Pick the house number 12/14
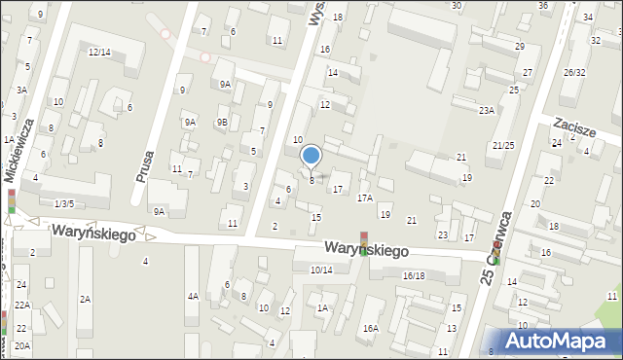pos(99,52)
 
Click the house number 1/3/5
pos(64,203)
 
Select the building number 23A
pos(486,111)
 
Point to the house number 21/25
pos(503,145)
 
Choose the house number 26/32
pos(574,73)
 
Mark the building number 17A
pos(364,198)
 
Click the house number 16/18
pos(414,276)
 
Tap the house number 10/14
pos(320,270)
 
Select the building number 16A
pos(371,329)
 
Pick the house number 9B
pos(222,122)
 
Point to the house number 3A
pos(20,90)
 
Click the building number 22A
pos(21,306)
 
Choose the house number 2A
pos(85,299)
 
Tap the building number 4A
pos(193,296)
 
